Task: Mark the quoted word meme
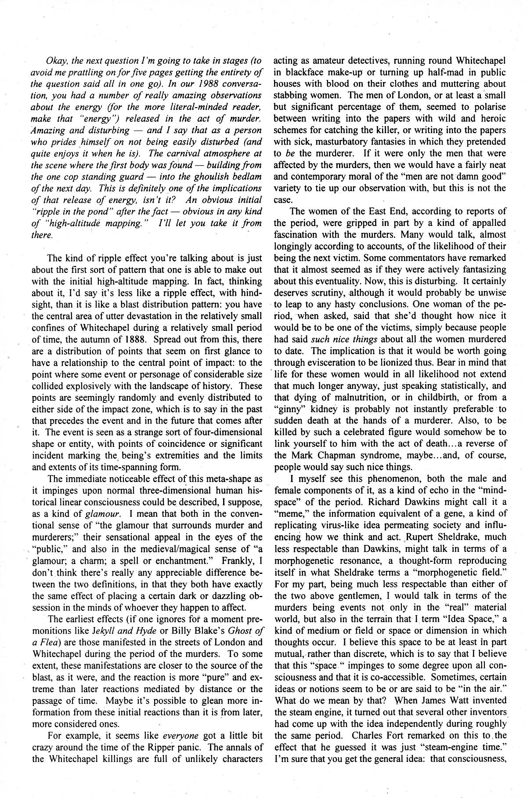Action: click(289, 513)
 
